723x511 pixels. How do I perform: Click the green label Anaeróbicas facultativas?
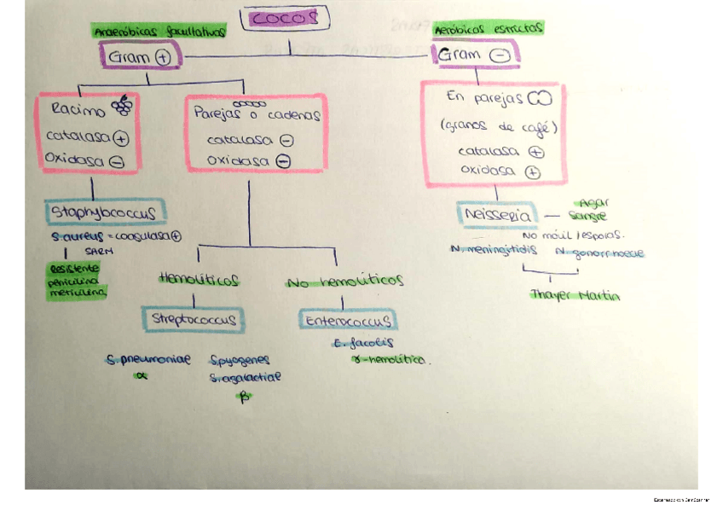pos(159,31)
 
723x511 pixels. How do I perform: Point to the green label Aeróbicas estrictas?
pos(489,28)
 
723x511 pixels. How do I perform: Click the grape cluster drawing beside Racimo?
pos(124,105)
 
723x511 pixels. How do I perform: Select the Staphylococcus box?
pos(107,211)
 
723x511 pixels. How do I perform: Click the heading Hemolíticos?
pos(198,279)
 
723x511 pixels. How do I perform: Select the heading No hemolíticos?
pos(345,281)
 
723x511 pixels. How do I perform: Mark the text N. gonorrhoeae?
pos(598,253)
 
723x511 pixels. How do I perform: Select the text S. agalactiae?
pos(244,376)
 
